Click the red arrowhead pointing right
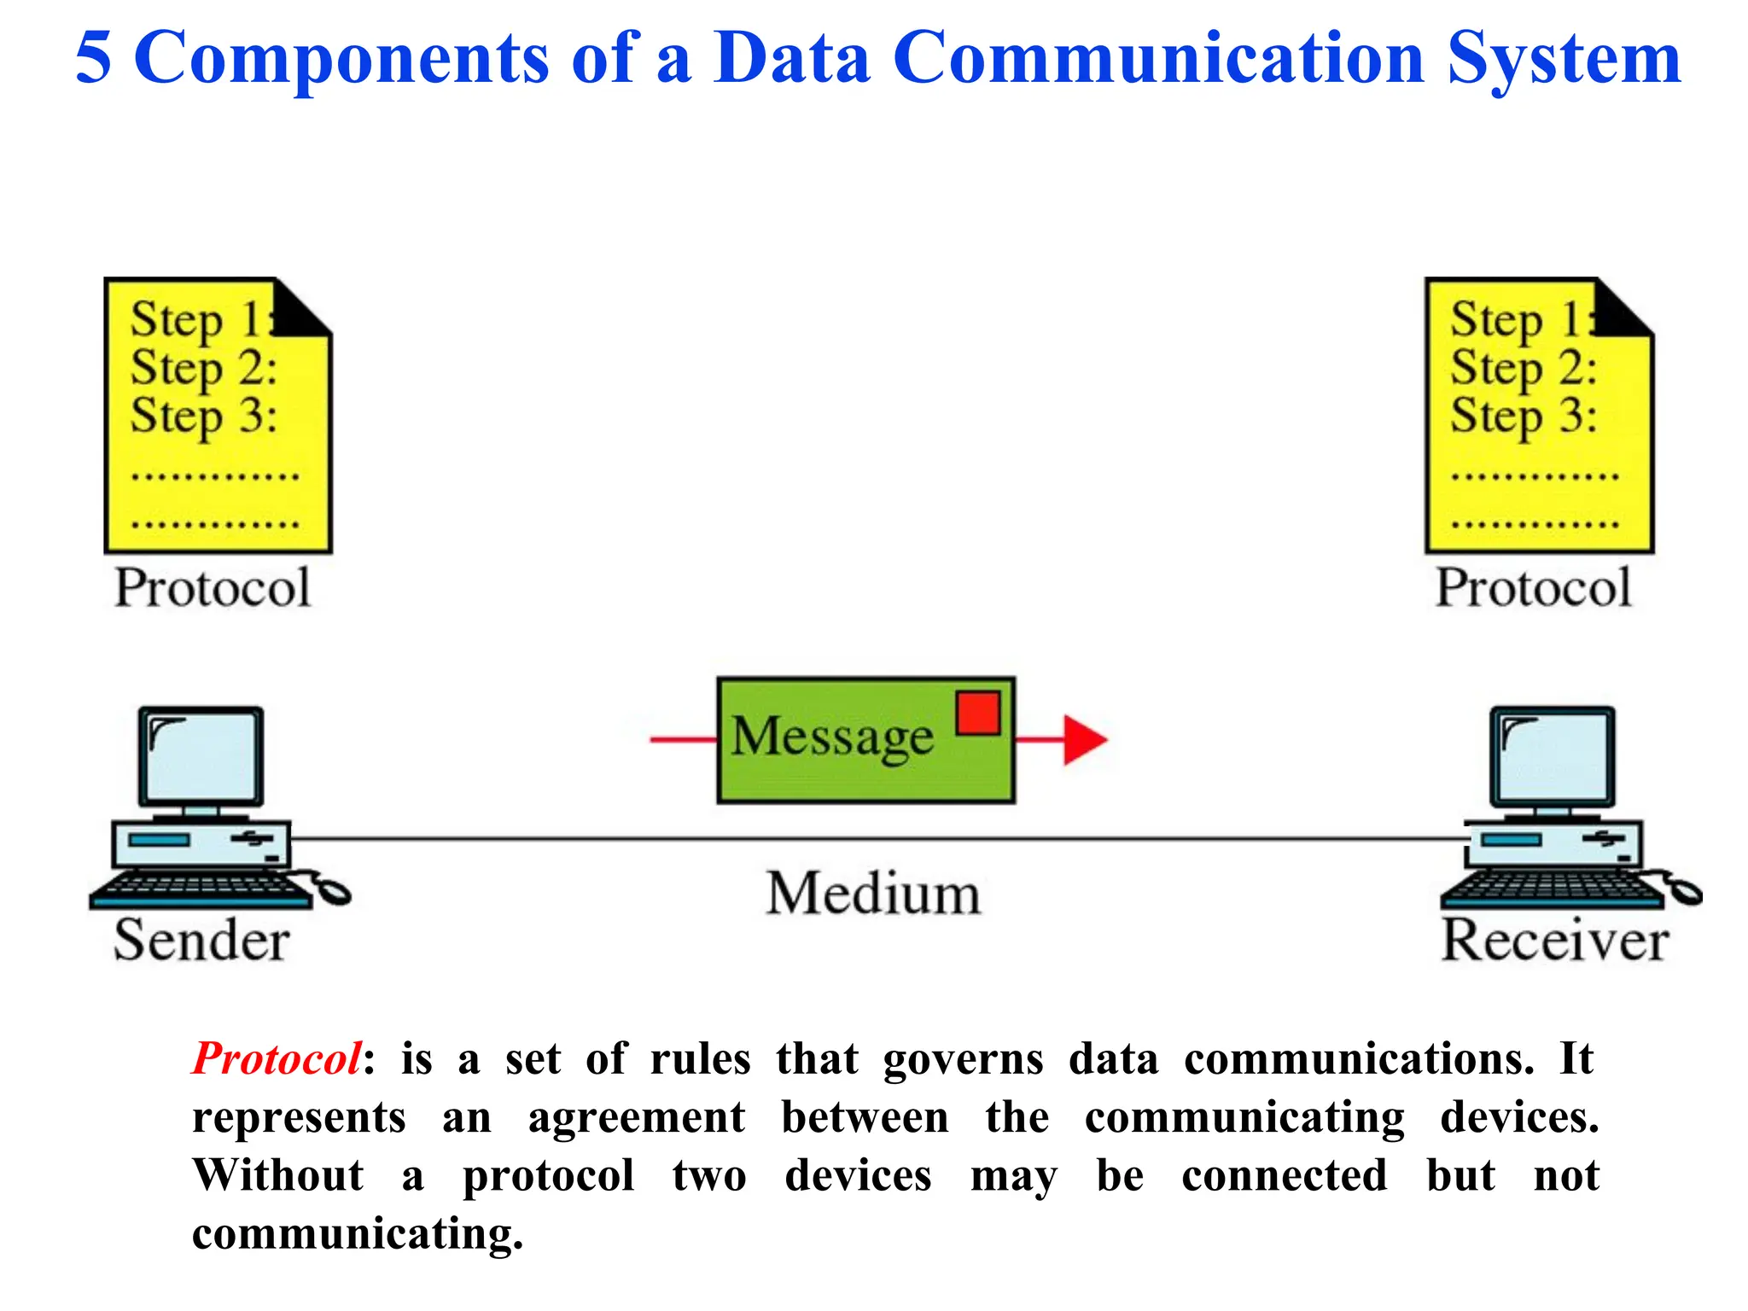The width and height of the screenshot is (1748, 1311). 1084,739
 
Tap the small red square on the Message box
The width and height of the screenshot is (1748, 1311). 978,713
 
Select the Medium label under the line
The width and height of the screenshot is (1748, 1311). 873,894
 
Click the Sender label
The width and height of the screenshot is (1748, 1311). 201,941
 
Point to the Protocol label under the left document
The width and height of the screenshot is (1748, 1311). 213,588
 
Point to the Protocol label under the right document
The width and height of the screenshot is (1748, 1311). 1533,588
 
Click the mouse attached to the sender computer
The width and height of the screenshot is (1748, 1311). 333,891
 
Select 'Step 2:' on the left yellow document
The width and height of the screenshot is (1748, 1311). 203,369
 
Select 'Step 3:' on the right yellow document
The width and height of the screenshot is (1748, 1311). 1524,417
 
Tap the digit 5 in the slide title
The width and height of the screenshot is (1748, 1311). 93,58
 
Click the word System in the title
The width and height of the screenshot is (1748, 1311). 1564,58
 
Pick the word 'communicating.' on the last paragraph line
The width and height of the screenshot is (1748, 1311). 358,1234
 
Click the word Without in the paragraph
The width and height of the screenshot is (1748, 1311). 278,1175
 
